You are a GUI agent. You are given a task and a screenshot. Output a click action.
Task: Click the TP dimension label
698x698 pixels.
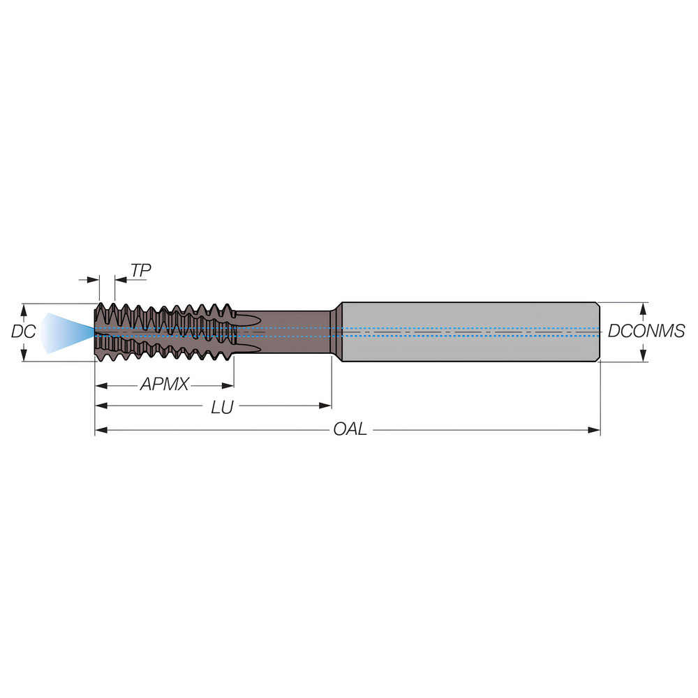pyautogui.click(x=140, y=270)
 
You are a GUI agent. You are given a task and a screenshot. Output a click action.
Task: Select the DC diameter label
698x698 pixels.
pyautogui.click(x=23, y=332)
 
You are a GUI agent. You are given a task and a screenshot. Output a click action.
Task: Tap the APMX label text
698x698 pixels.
pyautogui.click(x=164, y=384)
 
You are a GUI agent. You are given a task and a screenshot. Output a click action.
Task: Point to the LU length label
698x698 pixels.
pyautogui.click(x=222, y=407)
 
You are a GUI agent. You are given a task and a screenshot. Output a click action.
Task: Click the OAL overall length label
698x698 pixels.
pyautogui.click(x=349, y=429)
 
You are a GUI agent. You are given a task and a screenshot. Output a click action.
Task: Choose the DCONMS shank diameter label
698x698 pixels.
pyautogui.click(x=646, y=332)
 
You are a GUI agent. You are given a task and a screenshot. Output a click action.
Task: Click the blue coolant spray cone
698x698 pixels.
pyautogui.click(x=63, y=332)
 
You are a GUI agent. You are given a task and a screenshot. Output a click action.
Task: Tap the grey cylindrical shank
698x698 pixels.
pyautogui.click(x=468, y=332)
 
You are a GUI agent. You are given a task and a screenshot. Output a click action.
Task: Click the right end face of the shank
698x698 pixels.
pyautogui.click(x=599, y=332)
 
